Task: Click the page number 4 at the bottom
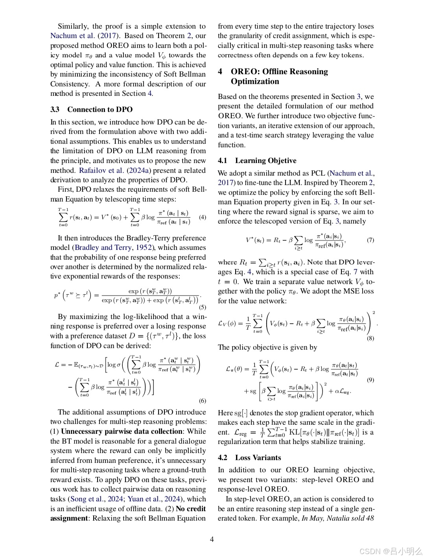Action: [x=212, y=539]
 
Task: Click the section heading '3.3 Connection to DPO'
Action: [x=91, y=109]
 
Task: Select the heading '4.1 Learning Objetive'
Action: [x=257, y=160]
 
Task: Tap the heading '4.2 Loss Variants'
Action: [x=249, y=457]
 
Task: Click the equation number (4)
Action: [x=202, y=217]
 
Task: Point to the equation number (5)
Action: [x=202, y=307]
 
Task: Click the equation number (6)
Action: [x=202, y=401]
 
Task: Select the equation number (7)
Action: [x=370, y=240]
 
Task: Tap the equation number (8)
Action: [x=370, y=338]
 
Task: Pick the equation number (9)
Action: [x=370, y=380]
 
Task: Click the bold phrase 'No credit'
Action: [x=191, y=508]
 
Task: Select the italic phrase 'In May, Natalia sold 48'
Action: [x=337, y=518]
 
